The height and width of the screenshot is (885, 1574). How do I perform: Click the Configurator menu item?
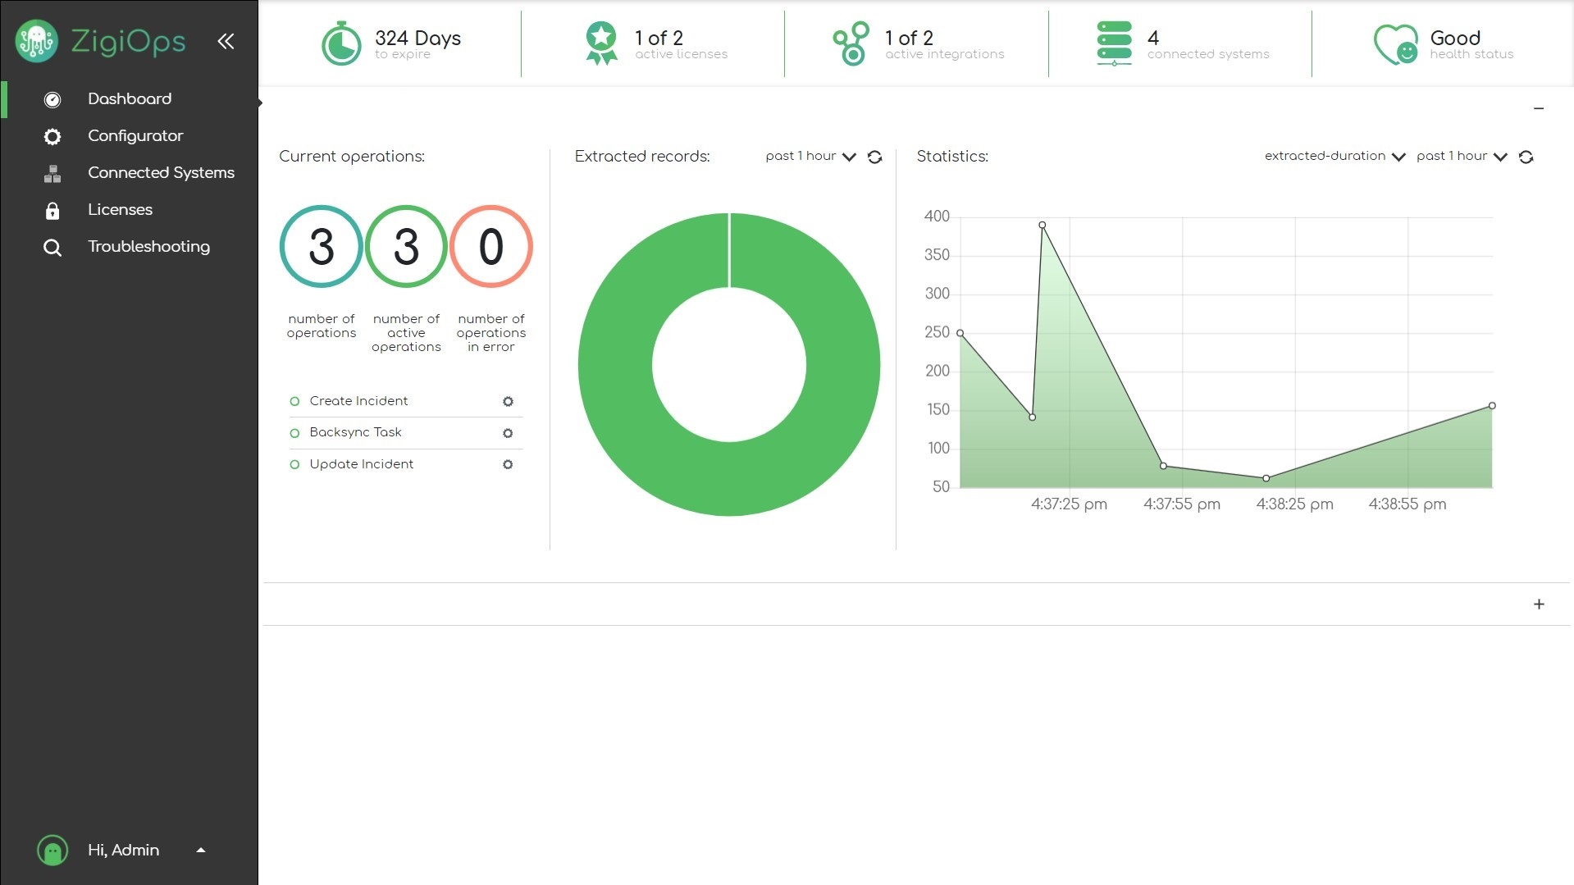[135, 136]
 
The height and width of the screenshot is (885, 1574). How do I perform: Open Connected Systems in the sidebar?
[161, 173]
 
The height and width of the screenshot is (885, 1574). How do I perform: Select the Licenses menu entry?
[120, 210]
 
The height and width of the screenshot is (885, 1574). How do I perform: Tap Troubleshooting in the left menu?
[148, 247]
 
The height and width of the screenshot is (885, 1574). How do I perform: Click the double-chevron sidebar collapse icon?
[226, 41]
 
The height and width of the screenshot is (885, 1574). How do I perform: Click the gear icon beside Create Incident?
[508, 402]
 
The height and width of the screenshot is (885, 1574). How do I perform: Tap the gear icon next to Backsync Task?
[508, 433]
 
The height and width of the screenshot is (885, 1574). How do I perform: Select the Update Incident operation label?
[361, 464]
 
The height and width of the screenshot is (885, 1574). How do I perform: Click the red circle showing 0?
[490, 246]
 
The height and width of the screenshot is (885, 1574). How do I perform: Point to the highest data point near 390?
[1042, 225]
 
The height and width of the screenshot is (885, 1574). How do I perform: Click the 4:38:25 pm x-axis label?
[1294, 504]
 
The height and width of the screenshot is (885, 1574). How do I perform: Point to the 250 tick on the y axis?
[937, 332]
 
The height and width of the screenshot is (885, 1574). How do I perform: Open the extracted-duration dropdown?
[1334, 157]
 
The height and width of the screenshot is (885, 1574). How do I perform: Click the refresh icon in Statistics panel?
[1526, 157]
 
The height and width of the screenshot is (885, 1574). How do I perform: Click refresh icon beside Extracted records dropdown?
[874, 157]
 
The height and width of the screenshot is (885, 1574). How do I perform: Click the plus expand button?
[1539, 604]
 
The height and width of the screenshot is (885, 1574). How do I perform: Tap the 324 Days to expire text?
[417, 44]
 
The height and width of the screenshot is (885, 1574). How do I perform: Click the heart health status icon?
[1395, 44]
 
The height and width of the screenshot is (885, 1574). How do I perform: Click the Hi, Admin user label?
[123, 851]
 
